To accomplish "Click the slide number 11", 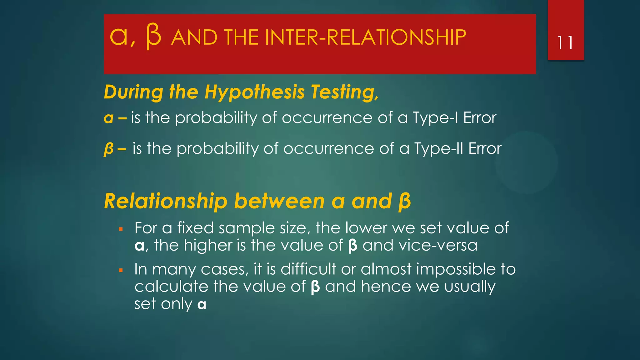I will (x=565, y=43).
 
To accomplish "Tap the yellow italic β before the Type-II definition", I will (x=108, y=149).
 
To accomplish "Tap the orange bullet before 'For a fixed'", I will (x=121, y=229).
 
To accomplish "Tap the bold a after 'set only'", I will (x=202, y=304).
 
